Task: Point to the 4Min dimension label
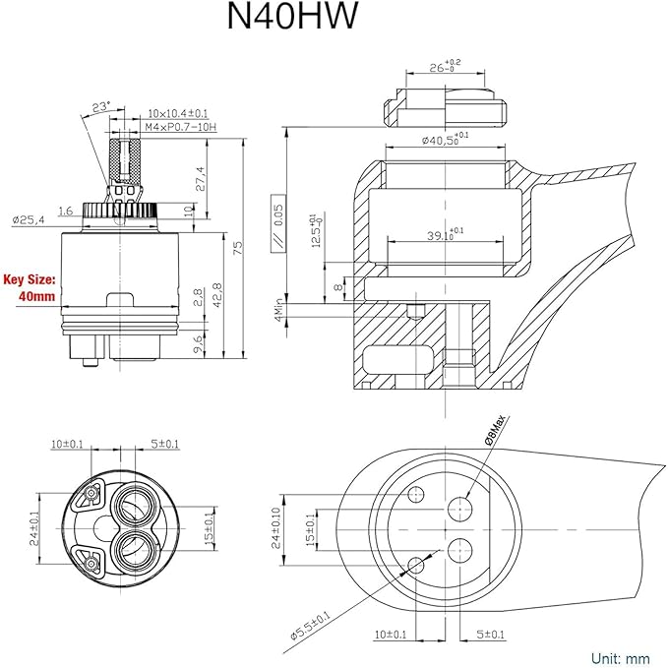[279, 313]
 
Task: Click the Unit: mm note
[621, 656]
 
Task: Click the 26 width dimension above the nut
[442, 70]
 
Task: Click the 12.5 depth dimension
[316, 231]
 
